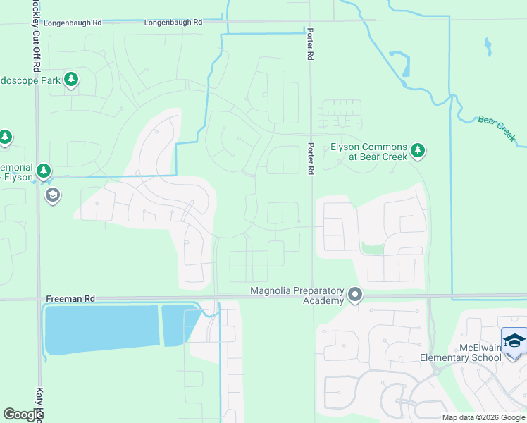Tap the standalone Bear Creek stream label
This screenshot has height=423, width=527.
pyautogui.click(x=497, y=125)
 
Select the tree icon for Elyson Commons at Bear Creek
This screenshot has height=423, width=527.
pyautogui.click(x=418, y=149)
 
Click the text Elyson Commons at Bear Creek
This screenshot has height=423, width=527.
pyautogui.click(x=369, y=152)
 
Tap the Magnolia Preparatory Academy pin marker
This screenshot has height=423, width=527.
pyautogui.click(x=355, y=295)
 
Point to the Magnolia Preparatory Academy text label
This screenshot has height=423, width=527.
pyautogui.click(x=297, y=296)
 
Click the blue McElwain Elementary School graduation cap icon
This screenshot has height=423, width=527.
pyautogui.click(x=514, y=340)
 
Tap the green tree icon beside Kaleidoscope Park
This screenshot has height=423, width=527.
pyautogui.click(x=70, y=80)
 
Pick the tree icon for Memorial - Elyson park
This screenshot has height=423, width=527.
pyautogui.click(x=44, y=171)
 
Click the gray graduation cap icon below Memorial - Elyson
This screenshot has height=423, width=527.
pyautogui.click(x=52, y=195)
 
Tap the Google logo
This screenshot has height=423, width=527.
pyautogui.click(x=23, y=415)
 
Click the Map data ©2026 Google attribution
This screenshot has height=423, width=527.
pyautogui.click(x=483, y=417)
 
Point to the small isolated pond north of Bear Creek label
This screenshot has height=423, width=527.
pyautogui.click(x=488, y=47)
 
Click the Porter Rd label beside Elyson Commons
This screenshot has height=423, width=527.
pyautogui.click(x=310, y=158)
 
